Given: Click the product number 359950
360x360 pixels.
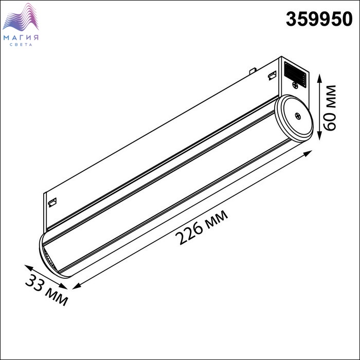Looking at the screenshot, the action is pyautogui.click(x=319, y=19).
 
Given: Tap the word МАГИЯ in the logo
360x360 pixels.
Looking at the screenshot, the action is pyautogui.click(x=21, y=38).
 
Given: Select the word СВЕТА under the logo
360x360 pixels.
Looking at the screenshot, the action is pyautogui.click(x=21, y=45).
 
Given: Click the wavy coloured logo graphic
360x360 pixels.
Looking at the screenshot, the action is pyautogui.click(x=21, y=17).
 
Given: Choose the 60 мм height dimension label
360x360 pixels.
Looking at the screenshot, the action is pyautogui.click(x=329, y=108).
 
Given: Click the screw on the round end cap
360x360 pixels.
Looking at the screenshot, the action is pyautogui.click(x=298, y=116).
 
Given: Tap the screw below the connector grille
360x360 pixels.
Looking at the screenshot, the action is pyautogui.click(x=296, y=85).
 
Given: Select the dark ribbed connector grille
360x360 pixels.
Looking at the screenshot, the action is pyautogui.click(x=295, y=74).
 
